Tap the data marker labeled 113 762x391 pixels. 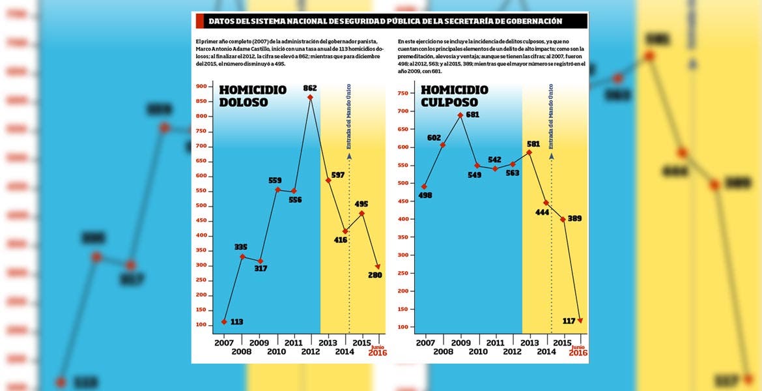[x=224, y=321]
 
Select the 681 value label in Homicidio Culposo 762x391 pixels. [x=473, y=115]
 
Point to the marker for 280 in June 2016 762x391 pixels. [x=378, y=267]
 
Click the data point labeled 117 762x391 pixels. [x=580, y=320]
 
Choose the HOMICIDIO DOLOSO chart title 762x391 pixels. [x=252, y=96]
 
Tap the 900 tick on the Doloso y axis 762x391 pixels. [x=201, y=86]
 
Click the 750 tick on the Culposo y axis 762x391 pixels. [x=401, y=93]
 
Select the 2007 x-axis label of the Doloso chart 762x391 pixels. [x=223, y=342]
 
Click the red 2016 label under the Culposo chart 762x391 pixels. [x=578, y=353]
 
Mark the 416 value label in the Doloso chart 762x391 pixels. [x=340, y=240]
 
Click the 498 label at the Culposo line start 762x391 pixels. [x=425, y=195]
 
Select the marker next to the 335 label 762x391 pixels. [x=242, y=256]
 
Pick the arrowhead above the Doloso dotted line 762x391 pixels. [x=349, y=156]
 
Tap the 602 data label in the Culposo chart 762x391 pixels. [x=434, y=138]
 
